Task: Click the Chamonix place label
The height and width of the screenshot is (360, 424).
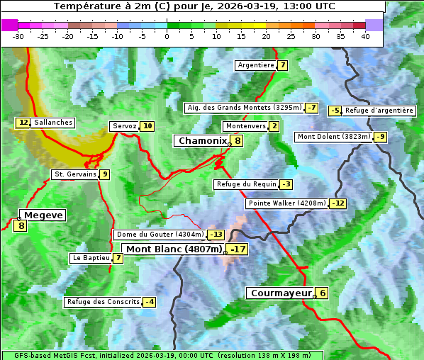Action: click(201, 141)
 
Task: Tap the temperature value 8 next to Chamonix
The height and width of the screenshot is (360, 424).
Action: click(238, 141)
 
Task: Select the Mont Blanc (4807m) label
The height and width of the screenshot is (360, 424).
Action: click(174, 249)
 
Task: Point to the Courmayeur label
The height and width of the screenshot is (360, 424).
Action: click(281, 293)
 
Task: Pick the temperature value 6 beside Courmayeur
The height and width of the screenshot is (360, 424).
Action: click(322, 293)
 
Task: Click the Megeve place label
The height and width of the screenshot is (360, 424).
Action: click(43, 215)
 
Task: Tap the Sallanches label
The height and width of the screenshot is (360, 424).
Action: click(53, 123)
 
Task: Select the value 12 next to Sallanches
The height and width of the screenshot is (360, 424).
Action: click(23, 123)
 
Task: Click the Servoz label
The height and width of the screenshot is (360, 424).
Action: click(124, 126)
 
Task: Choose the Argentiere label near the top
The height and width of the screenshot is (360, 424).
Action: click(256, 65)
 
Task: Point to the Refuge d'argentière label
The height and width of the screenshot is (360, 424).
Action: click(379, 111)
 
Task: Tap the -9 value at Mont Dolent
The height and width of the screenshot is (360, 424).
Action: click(381, 137)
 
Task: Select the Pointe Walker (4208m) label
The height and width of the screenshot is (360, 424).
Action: click(287, 203)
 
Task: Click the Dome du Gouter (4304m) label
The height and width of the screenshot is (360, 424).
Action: click(160, 235)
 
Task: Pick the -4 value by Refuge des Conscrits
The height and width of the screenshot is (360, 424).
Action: click(149, 302)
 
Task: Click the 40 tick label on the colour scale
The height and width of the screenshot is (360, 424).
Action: click(365, 36)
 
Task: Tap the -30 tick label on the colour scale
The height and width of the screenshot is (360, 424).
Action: click(18, 36)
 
